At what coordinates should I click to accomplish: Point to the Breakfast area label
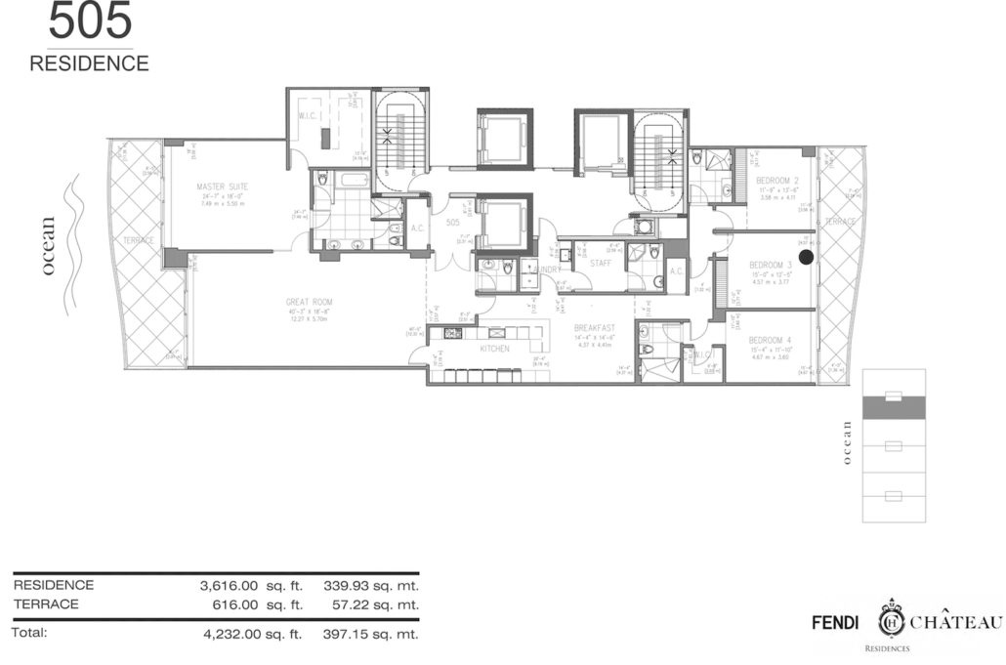click(594, 328)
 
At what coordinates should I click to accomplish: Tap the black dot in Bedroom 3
click(806, 257)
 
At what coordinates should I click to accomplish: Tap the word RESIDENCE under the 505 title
click(89, 63)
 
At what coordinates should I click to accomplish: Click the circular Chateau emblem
click(891, 621)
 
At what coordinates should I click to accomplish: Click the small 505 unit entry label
click(452, 223)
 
